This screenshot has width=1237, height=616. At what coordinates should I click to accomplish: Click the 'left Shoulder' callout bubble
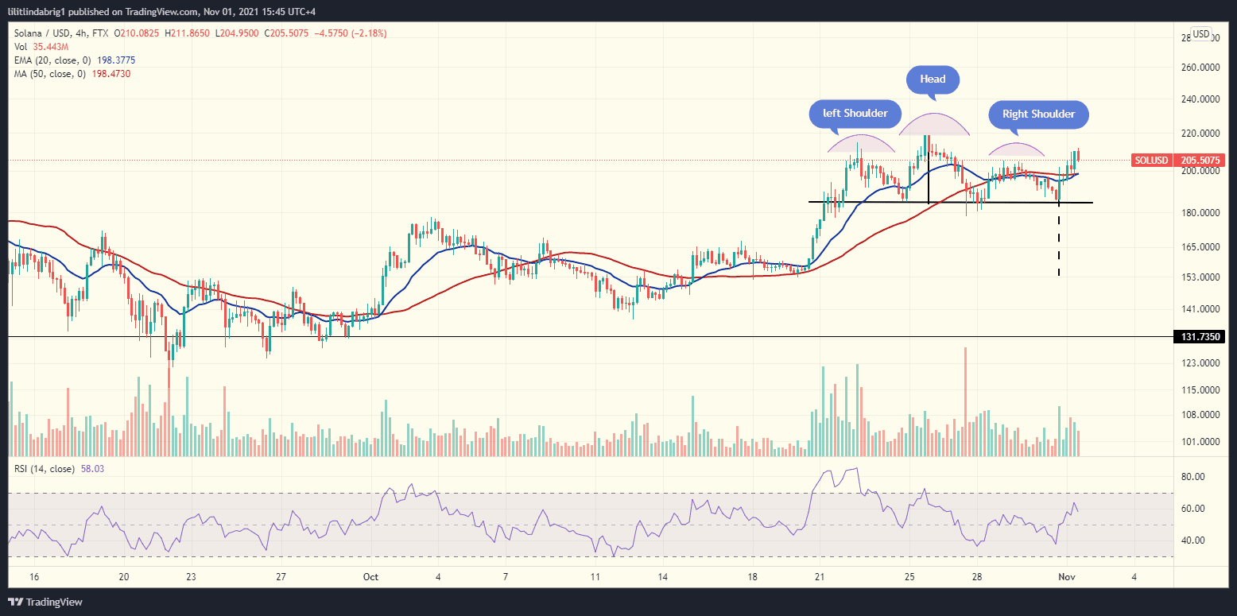pyautogui.click(x=855, y=113)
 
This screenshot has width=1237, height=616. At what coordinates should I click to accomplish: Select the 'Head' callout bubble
pyautogui.click(x=933, y=79)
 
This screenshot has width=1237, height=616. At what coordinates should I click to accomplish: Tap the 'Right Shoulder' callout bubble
pyautogui.click(x=1038, y=114)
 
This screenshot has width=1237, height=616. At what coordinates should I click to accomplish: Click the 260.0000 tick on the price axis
pyautogui.click(x=1200, y=68)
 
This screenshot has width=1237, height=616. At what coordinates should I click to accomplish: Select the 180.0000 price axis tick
pyautogui.click(x=1200, y=212)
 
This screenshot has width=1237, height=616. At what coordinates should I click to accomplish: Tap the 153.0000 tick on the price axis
pyautogui.click(x=1200, y=277)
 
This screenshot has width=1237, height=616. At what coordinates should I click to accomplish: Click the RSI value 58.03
pyautogui.click(x=92, y=469)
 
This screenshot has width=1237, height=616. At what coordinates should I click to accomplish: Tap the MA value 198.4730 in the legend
pyautogui.click(x=108, y=73)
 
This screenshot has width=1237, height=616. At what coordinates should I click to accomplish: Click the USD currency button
pyautogui.click(x=1200, y=34)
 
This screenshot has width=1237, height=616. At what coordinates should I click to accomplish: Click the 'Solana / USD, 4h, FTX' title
pyautogui.click(x=62, y=33)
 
